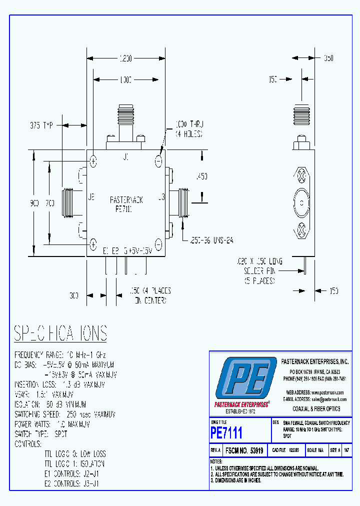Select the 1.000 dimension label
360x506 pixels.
click(125, 79)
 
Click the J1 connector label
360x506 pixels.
click(125, 157)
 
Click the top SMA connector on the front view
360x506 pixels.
click(125, 122)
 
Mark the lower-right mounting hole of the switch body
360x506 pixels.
click(158, 244)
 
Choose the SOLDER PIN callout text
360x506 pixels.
click(255, 270)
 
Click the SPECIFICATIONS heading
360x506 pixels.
click(60, 333)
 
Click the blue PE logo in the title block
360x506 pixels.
click(244, 381)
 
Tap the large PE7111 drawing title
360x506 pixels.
click(226, 432)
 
